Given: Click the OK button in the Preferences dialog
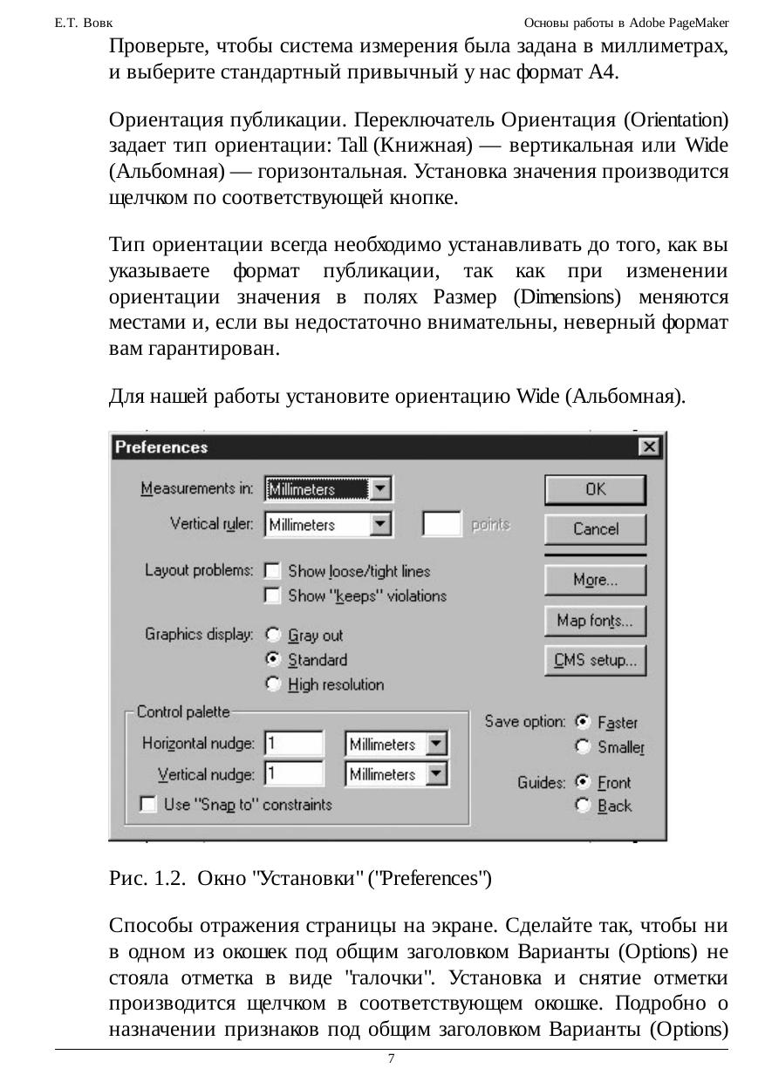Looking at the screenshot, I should pyautogui.click(x=595, y=489).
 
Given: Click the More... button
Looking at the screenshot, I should pyautogui.click(x=595, y=580).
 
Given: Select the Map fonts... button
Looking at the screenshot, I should pyautogui.click(x=595, y=621).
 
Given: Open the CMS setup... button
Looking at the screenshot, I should pyautogui.click(x=595, y=660).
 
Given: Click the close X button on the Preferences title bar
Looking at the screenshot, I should pyautogui.click(x=648, y=447).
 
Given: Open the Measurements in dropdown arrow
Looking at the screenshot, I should pyautogui.click(x=380, y=489).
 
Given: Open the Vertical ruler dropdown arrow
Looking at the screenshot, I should pyautogui.click(x=380, y=525).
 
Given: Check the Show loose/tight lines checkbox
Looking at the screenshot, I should pyautogui.click(x=273, y=571).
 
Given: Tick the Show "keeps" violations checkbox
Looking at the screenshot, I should pyautogui.click(x=273, y=595).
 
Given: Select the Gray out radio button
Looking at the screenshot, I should pyautogui.click(x=273, y=636).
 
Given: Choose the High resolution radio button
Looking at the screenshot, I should pyautogui.click(x=273, y=684).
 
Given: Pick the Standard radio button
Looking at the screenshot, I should pyautogui.click(x=273, y=660).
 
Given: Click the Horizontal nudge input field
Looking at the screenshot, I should pyautogui.click(x=294, y=744).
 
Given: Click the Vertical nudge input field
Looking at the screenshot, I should pyautogui.click(x=294, y=774).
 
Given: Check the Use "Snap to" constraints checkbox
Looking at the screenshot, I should pyautogui.click(x=149, y=804).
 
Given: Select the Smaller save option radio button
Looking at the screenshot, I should pyautogui.click(x=583, y=746).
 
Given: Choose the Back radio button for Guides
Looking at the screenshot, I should pyautogui.click(x=583, y=806).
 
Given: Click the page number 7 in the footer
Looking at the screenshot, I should pyautogui.click(x=392, y=1058).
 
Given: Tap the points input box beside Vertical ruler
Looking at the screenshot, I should pyautogui.click(x=441, y=525).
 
